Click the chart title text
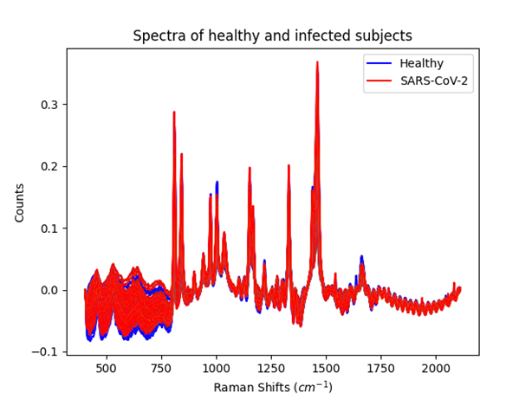coord(272,36)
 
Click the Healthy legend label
coord(427,63)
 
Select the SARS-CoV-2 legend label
coord(443,83)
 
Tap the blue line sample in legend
coord(382,63)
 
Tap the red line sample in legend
coord(382,83)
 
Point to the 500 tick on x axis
coord(107,367)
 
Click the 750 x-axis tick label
coord(161,367)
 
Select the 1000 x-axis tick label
coord(217,367)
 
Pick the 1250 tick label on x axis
coord(271,367)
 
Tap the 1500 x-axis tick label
coord(326,367)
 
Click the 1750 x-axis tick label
coord(381,367)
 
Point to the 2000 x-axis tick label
coord(436,367)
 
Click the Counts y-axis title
coord(19,202)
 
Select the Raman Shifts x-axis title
coord(272,386)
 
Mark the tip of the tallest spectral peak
coord(317,62)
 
